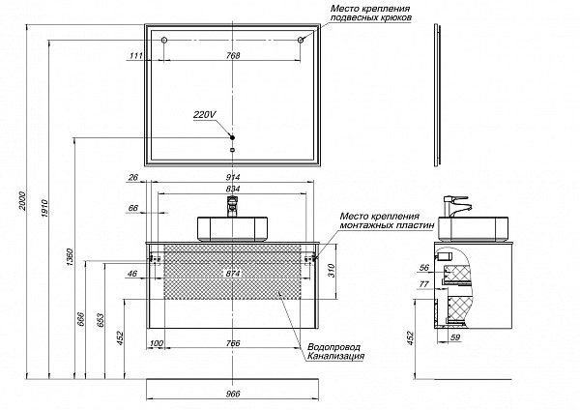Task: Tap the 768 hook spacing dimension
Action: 232,56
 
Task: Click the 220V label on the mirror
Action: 204,114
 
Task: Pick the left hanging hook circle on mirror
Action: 164,41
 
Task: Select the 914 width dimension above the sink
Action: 232,177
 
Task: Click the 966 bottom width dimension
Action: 232,394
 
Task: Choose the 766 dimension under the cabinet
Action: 232,344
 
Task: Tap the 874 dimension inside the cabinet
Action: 232,275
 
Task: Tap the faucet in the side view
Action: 455,207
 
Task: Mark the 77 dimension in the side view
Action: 422,285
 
